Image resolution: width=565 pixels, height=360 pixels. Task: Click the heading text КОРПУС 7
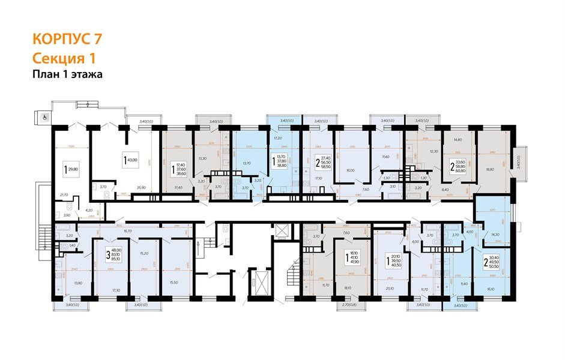(x=67, y=40)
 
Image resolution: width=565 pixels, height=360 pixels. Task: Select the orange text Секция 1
(x=64, y=58)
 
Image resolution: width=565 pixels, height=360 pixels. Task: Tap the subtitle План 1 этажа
(x=68, y=74)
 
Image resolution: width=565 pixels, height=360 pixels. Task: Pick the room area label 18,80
(x=490, y=170)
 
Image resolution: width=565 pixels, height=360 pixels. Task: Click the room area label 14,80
(x=458, y=139)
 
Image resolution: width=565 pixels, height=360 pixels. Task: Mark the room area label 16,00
(x=350, y=170)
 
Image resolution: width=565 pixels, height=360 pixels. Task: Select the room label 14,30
(x=495, y=235)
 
